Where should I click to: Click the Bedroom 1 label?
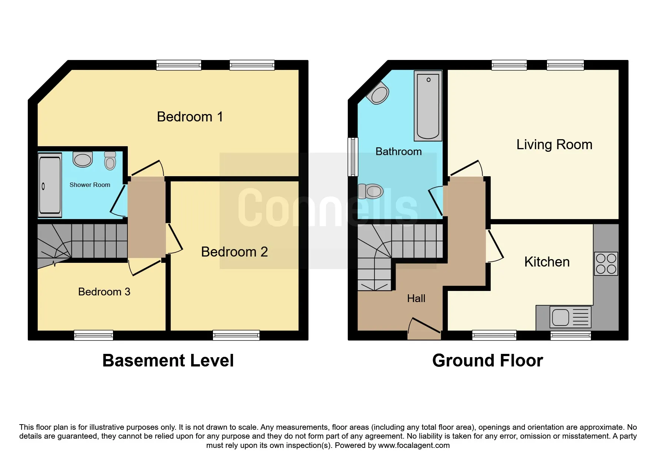[190, 117]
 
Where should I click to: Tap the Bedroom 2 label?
[234, 252]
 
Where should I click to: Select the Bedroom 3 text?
[104, 292]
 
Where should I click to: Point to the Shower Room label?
[90, 185]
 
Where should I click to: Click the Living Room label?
[554, 145]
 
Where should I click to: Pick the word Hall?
[416, 298]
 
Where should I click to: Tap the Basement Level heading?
[168, 361]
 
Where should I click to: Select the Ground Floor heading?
[487, 361]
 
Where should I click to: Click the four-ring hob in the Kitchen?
[606, 264]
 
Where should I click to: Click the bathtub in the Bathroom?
[428, 106]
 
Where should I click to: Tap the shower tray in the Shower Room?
[50, 185]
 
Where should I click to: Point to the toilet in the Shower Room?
[110, 160]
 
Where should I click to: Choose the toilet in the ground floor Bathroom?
[370, 191]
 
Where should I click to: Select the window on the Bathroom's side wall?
[353, 157]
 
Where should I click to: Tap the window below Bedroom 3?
[93, 335]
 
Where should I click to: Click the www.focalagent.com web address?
[414, 445]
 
